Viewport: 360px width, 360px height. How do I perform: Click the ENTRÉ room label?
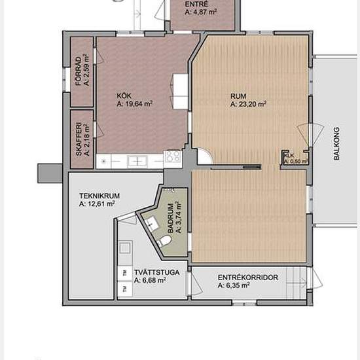pyautogui.click(x=195, y=4)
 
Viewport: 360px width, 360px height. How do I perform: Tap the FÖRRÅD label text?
pyautogui.click(x=78, y=71)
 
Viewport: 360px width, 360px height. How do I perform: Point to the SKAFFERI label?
pyautogui.click(x=78, y=139)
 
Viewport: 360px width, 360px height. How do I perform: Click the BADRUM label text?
pyautogui.click(x=171, y=219)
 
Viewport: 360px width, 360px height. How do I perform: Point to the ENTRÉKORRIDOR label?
pyautogui.click(x=248, y=278)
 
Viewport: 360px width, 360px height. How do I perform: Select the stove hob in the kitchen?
pyautogui.click(x=172, y=156)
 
